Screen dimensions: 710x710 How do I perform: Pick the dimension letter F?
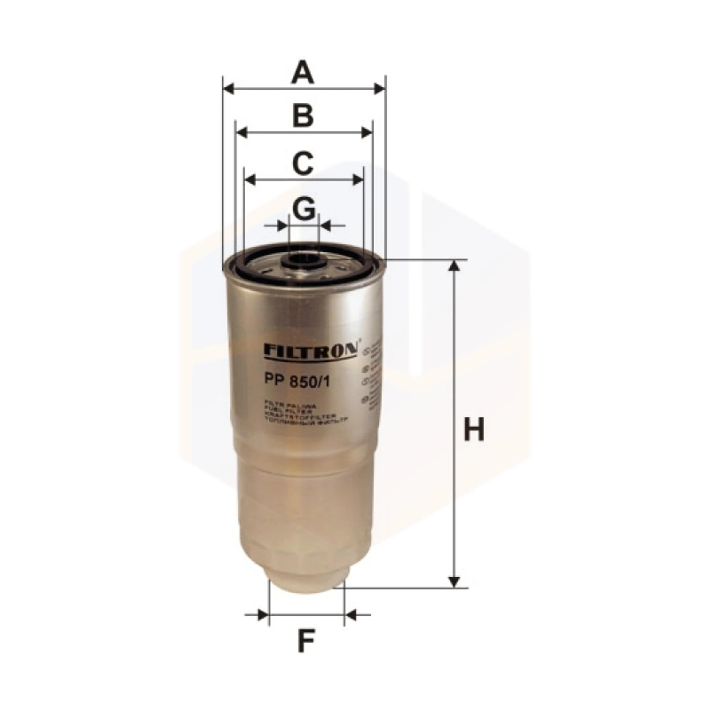[x=306, y=650]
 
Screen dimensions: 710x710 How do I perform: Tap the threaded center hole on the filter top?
[x=304, y=262]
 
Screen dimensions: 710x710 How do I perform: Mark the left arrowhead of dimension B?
[x=241, y=133]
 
